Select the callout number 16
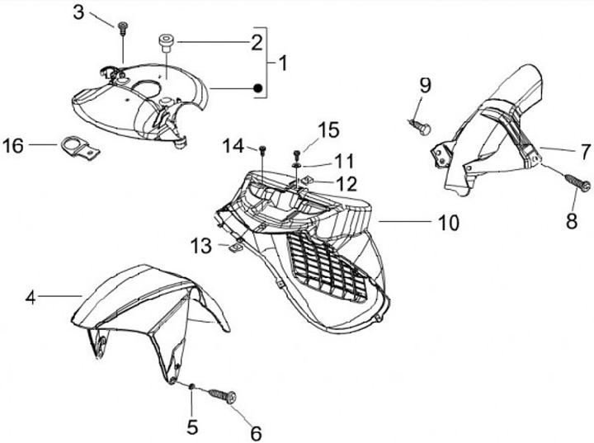[x=14, y=147]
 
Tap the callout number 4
[x=31, y=298]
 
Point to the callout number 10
[x=448, y=223]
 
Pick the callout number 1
[x=283, y=63]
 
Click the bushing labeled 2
[x=165, y=40]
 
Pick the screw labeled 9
[x=422, y=126]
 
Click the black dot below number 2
[x=257, y=87]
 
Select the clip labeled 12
[x=305, y=181]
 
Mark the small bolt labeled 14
[x=262, y=149]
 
